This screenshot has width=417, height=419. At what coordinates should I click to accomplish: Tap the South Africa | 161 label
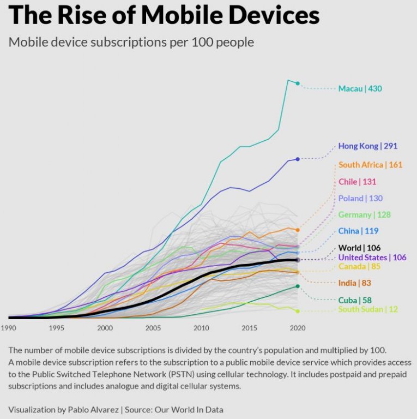click(x=371, y=165)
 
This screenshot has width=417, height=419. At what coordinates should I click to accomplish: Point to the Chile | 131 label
click(x=357, y=181)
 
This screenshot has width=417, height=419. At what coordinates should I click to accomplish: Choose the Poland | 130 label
click(x=360, y=198)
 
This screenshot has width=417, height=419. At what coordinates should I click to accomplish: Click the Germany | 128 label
click(x=364, y=214)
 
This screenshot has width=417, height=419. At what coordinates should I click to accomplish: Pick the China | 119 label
click(x=358, y=231)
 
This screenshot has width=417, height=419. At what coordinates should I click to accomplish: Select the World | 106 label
click(x=359, y=248)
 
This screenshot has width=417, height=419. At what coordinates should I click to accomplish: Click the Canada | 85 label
click(x=359, y=266)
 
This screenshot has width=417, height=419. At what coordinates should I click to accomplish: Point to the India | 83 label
click(x=355, y=283)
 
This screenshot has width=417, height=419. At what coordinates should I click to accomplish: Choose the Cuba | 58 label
click(x=355, y=300)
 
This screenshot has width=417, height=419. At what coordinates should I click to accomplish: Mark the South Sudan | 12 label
click(x=368, y=309)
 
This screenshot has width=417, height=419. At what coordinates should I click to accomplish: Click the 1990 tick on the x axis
click(x=9, y=328)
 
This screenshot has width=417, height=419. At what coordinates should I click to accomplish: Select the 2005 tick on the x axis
click(x=153, y=328)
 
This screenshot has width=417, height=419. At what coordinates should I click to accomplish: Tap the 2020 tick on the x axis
click(x=298, y=328)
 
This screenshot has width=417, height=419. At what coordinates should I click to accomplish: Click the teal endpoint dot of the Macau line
click(x=298, y=83)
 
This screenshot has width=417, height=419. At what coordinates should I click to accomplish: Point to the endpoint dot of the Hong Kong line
click(x=298, y=159)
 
